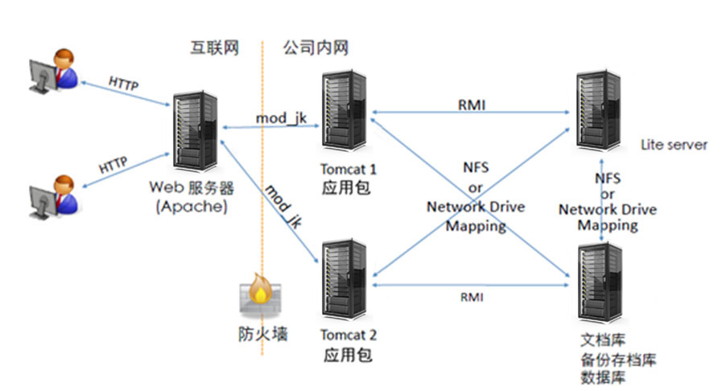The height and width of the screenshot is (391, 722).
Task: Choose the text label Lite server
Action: coord(674,146)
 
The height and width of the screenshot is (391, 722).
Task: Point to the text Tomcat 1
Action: coord(349,170)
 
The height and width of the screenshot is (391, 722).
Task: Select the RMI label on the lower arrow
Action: coord(472,297)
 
